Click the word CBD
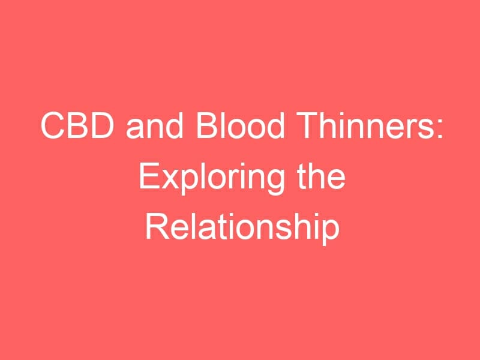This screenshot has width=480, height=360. (x=77, y=125)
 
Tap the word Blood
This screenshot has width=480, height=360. (x=241, y=125)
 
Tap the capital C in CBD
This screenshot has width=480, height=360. (x=52, y=125)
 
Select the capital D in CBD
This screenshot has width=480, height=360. (x=102, y=125)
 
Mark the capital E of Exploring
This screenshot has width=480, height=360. (x=149, y=176)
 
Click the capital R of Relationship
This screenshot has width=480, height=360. (x=157, y=227)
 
